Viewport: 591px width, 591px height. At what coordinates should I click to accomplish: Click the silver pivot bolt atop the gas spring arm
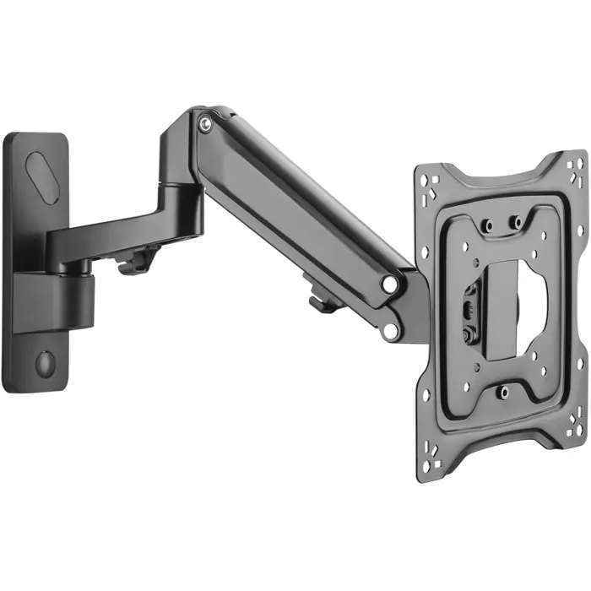204,125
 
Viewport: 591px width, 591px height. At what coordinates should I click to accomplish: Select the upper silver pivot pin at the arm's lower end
390,285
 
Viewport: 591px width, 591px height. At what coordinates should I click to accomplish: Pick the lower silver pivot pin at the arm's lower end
390,330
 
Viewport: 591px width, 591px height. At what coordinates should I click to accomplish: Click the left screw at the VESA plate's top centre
487,224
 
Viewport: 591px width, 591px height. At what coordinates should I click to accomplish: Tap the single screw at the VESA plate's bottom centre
503,392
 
